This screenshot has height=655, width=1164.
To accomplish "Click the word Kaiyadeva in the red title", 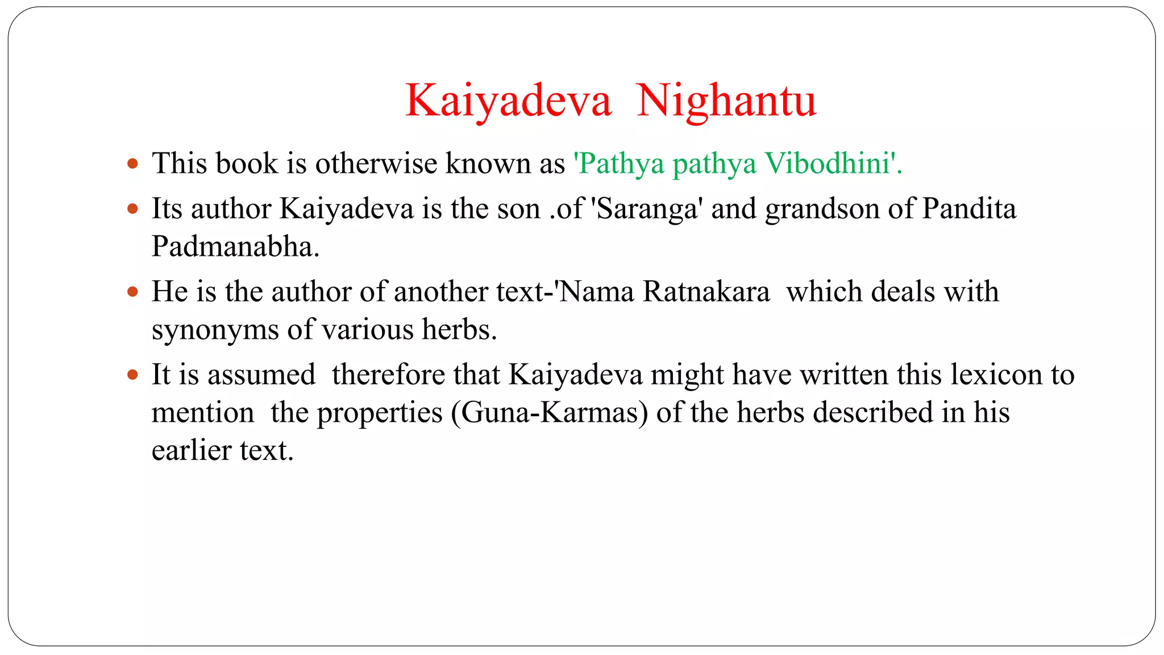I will pos(508,101).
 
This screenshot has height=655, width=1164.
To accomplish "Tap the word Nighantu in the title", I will pos(726,101).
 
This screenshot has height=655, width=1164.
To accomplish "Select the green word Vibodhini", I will pos(828,164).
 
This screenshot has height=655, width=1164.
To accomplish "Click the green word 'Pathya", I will pos(619,164).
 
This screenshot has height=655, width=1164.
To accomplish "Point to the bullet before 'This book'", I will pos(133,164).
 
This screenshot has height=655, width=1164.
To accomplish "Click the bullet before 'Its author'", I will pos(133,209).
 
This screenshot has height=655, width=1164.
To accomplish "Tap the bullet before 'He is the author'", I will pos(133,292).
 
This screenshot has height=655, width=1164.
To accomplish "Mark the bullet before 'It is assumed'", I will pos(133,375).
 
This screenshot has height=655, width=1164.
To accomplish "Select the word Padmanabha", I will pos(235,247).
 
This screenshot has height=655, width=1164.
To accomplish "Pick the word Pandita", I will pos(968,209).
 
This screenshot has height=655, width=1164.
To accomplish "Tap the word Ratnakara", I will pos(706,292).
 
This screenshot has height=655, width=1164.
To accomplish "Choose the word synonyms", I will pos(215,330).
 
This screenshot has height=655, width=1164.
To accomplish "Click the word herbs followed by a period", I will pos(459,330).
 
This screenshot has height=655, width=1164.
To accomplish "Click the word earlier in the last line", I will pos(192,450).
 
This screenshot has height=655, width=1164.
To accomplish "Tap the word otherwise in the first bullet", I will pos(376,164).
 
